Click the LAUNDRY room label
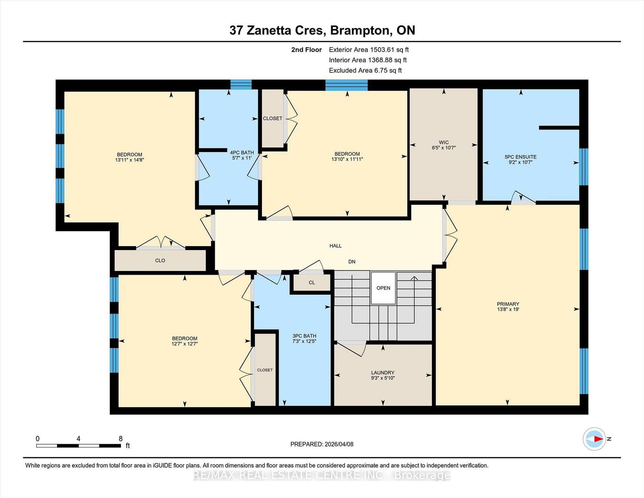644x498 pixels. point(382,372)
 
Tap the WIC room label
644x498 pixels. point(444,143)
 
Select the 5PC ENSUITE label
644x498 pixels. point(520,157)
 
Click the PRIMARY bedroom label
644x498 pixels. point(508,304)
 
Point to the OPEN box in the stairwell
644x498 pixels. point(383,288)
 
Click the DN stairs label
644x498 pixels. point(352,262)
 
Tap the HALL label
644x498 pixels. point(335,246)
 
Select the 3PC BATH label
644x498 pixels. point(304,336)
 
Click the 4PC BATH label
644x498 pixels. point(242,152)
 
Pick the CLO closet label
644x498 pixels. point(160,260)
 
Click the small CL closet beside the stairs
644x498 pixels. point(312,283)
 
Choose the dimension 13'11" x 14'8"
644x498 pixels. point(130,160)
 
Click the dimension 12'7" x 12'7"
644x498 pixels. point(185,344)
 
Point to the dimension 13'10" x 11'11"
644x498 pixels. point(347,159)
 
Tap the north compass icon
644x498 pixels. point(594,439)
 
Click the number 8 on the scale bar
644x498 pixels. point(120,439)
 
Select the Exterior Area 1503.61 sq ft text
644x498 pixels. point(369,50)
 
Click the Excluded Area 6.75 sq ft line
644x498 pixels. point(365,70)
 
